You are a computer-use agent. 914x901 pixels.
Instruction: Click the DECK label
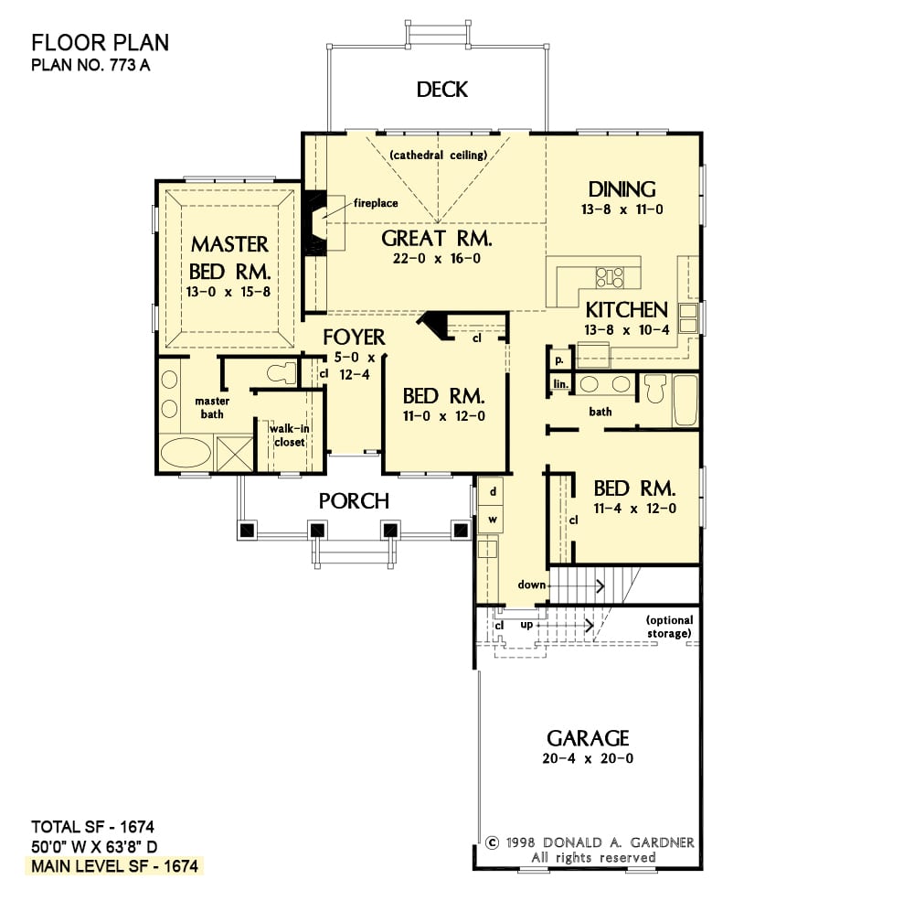point(441,90)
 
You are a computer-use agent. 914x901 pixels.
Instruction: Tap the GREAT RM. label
point(437,238)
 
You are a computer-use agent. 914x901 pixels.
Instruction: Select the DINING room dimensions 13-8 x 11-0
point(622,209)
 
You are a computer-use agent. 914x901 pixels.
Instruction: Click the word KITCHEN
point(626,309)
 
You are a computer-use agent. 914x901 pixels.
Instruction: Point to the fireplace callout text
point(376,203)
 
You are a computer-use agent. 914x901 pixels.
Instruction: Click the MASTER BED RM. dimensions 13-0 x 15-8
point(228,292)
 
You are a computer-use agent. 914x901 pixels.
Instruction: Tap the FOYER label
point(354,337)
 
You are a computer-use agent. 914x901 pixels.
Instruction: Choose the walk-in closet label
point(289,435)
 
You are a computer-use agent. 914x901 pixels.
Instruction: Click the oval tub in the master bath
point(186,452)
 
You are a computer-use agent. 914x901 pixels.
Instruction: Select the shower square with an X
point(234,454)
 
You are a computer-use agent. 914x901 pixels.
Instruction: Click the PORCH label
point(354,500)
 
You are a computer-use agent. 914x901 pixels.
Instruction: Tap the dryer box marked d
point(492,491)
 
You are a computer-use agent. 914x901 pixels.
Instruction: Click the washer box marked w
point(492,520)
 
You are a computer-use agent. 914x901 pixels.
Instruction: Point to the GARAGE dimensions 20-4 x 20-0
point(588,758)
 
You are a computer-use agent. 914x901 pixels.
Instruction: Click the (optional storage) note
point(669,627)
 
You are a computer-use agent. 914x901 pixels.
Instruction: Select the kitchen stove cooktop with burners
point(610,277)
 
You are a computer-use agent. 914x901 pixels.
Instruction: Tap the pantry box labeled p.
point(559,359)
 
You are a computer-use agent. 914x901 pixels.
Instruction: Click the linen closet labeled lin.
point(560,383)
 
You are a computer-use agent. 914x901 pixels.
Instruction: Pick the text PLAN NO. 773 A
point(90,65)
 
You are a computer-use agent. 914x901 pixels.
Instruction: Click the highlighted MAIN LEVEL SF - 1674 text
point(115,866)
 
